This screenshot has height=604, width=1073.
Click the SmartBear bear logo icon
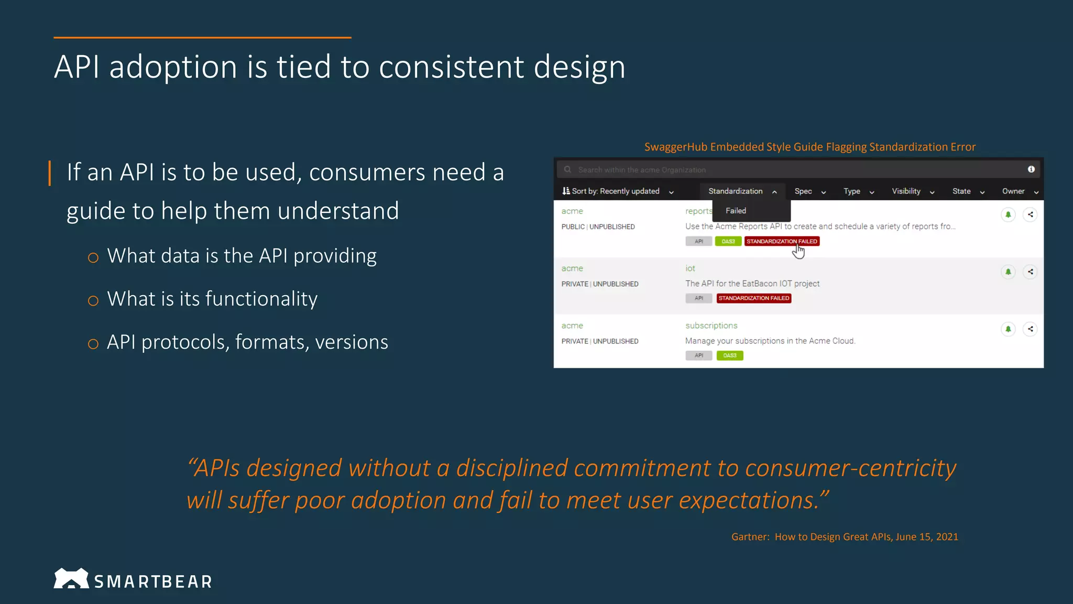click(71, 578)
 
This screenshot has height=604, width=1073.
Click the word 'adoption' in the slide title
click(173, 67)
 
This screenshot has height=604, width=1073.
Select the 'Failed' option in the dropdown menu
click(736, 211)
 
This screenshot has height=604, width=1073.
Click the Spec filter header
click(809, 191)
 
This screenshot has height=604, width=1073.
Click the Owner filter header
click(1020, 191)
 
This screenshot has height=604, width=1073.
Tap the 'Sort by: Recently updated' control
click(617, 191)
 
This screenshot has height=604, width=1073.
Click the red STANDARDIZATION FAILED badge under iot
click(753, 298)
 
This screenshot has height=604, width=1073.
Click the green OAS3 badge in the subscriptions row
click(729, 355)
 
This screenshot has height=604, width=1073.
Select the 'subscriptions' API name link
click(711, 326)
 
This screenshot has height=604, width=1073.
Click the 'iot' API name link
click(690, 268)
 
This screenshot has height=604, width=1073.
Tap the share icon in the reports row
click(1030, 214)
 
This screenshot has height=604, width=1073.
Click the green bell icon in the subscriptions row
click(1008, 329)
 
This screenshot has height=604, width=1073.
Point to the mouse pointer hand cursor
click(798, 252)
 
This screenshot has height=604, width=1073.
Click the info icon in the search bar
click(1031, 169)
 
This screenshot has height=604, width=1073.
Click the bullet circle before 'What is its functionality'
click(93, 301)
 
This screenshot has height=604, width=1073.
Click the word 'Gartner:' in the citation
click(750, 537)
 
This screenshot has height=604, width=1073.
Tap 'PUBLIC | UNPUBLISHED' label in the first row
click(598, 227)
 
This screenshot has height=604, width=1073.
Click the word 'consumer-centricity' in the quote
click(850, 468)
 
